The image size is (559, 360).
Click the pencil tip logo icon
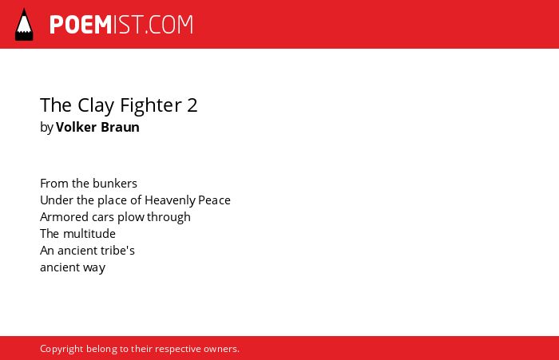coord(24,25)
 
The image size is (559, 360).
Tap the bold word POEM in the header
coord(81,25)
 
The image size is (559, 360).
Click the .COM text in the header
coord(169,25)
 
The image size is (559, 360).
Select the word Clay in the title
coord(96,105)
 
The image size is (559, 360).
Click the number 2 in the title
coord(192,105)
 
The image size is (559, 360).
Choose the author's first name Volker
coord(77,127)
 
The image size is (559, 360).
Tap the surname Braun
coord(120,127)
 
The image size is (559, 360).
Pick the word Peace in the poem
coord(214,200)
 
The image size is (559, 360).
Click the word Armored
coord(65,217)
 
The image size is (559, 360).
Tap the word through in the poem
coord(168,217)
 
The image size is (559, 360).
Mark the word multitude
coord(89,234)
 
